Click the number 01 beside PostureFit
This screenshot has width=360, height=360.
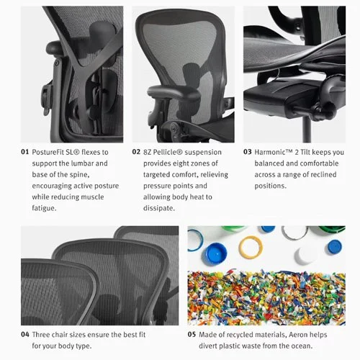(24, 152)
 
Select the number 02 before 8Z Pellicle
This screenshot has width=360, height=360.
(136, 152)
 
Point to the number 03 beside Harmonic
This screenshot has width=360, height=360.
(247, 152)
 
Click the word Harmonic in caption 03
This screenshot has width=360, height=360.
(279, 152)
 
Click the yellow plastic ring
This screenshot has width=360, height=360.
(251, 246)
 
